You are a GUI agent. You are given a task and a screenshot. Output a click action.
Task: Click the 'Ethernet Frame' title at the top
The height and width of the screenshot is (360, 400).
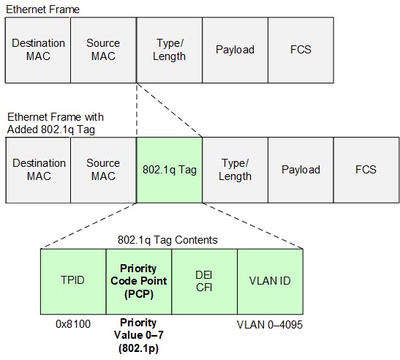pyautogui.click(x=42, y=9)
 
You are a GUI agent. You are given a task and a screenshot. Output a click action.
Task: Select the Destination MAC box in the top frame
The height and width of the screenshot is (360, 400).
pyautogui.click(x=38, y=50)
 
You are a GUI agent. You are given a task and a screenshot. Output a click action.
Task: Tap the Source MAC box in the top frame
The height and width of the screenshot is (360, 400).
pyautogui.click(x=103, y=50)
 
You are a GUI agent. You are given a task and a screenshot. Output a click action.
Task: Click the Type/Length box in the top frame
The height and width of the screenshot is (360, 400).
pyautogui.click(x=169, y=50)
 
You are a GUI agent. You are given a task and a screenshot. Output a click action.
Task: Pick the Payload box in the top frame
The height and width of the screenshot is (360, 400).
pyautogui.click(x=235, y=50)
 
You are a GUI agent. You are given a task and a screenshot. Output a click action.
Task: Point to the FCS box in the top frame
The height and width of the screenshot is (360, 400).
pyautogui.click(x=300, y=50)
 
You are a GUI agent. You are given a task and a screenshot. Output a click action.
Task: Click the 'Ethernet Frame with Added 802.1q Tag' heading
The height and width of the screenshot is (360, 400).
pyautogui.click(x=56, y=123)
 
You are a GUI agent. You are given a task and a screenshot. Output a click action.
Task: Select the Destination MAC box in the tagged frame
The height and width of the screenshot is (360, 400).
pyautogui.click(x=38, y=170)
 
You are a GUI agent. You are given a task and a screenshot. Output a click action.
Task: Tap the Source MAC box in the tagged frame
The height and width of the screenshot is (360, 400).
pyautogui.click(x=103, y=170)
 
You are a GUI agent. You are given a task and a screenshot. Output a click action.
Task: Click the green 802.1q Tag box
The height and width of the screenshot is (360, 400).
pyautogui.click(x=169, y=170)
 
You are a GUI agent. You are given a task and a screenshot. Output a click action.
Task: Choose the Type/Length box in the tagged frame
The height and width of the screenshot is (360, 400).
pyautogui.click(x=235, y=170)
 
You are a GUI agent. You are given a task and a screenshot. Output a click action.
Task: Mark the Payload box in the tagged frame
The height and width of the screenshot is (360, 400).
pyautogui.click(x=301, y=170)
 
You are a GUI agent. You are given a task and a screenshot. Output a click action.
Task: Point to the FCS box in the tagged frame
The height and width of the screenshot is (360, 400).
pyautogui.click(x=366, y=170)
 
